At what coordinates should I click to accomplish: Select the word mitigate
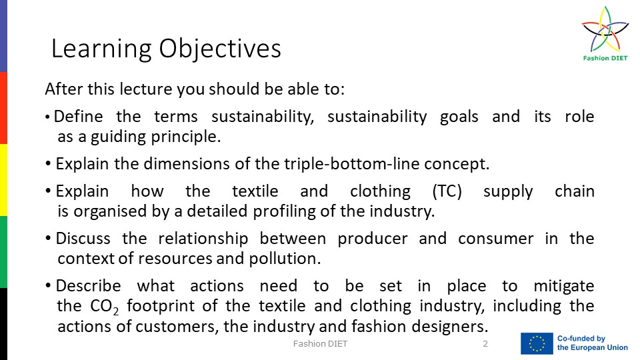tap(564, 287)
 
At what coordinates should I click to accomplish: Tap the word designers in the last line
tap(449, 327)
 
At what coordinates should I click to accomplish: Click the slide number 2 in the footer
tap(485, 344)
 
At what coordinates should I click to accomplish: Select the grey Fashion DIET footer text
tap(320, 344)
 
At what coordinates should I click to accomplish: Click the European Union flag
tap(537, 343)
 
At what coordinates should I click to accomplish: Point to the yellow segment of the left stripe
tap(3, 180)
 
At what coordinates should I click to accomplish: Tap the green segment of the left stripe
tap(3, 252)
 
